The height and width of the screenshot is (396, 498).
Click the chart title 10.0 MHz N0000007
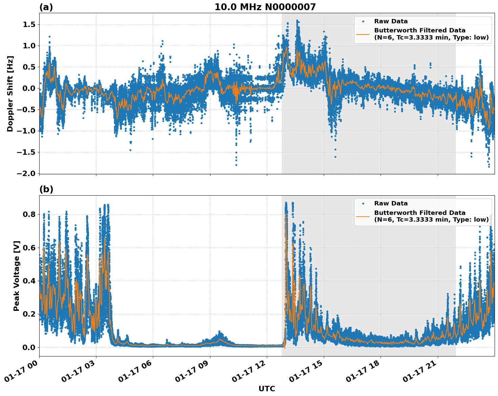[x=265, y=7]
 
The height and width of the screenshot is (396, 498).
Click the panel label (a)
[x=46, y=7]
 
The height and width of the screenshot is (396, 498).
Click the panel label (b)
[x=46, y=189]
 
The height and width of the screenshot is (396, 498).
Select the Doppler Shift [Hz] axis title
[x=10, y=94]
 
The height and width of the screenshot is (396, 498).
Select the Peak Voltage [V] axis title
[x=17, y=276]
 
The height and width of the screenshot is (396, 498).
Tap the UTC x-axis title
[x=267, y=389]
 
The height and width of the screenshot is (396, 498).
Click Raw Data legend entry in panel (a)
[x=391, y=21]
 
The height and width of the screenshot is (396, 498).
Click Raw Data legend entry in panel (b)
[x=391, y=203]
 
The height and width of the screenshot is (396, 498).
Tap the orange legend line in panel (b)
[x=363, y=216]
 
